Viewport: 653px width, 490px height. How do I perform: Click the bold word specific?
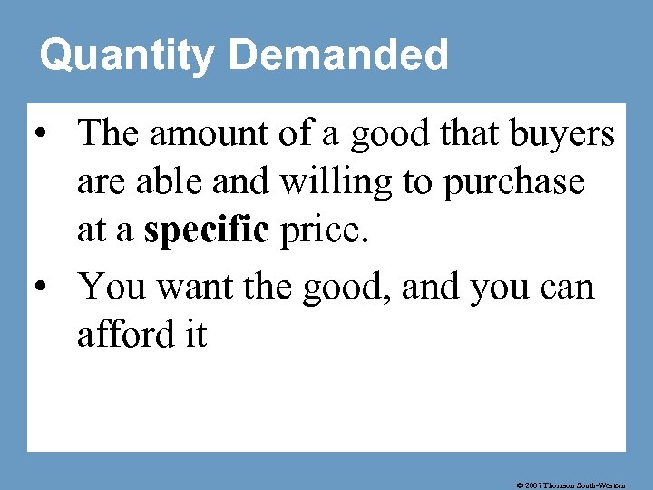click(207, 232)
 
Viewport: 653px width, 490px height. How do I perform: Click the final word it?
click(194, 336)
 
